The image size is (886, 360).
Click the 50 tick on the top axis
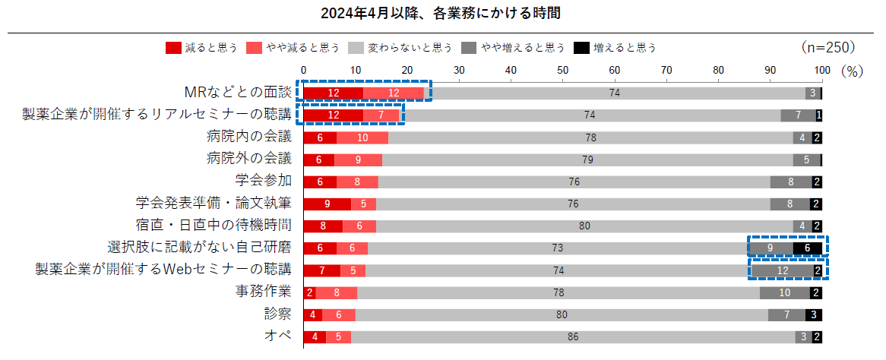point(562,71)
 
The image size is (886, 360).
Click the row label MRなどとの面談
point(238,93)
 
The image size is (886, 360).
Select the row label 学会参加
point(264,181)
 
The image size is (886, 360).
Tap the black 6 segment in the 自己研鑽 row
point(808,248)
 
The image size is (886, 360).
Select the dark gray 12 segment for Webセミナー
point(782,270)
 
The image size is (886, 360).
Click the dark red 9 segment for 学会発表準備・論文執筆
point(327,204)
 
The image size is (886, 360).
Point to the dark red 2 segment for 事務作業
point(309,292)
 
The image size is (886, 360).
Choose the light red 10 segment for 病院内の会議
point(362,137)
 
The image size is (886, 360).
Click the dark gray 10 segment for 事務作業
point(784,292)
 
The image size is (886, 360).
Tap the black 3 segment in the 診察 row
point(814,314)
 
